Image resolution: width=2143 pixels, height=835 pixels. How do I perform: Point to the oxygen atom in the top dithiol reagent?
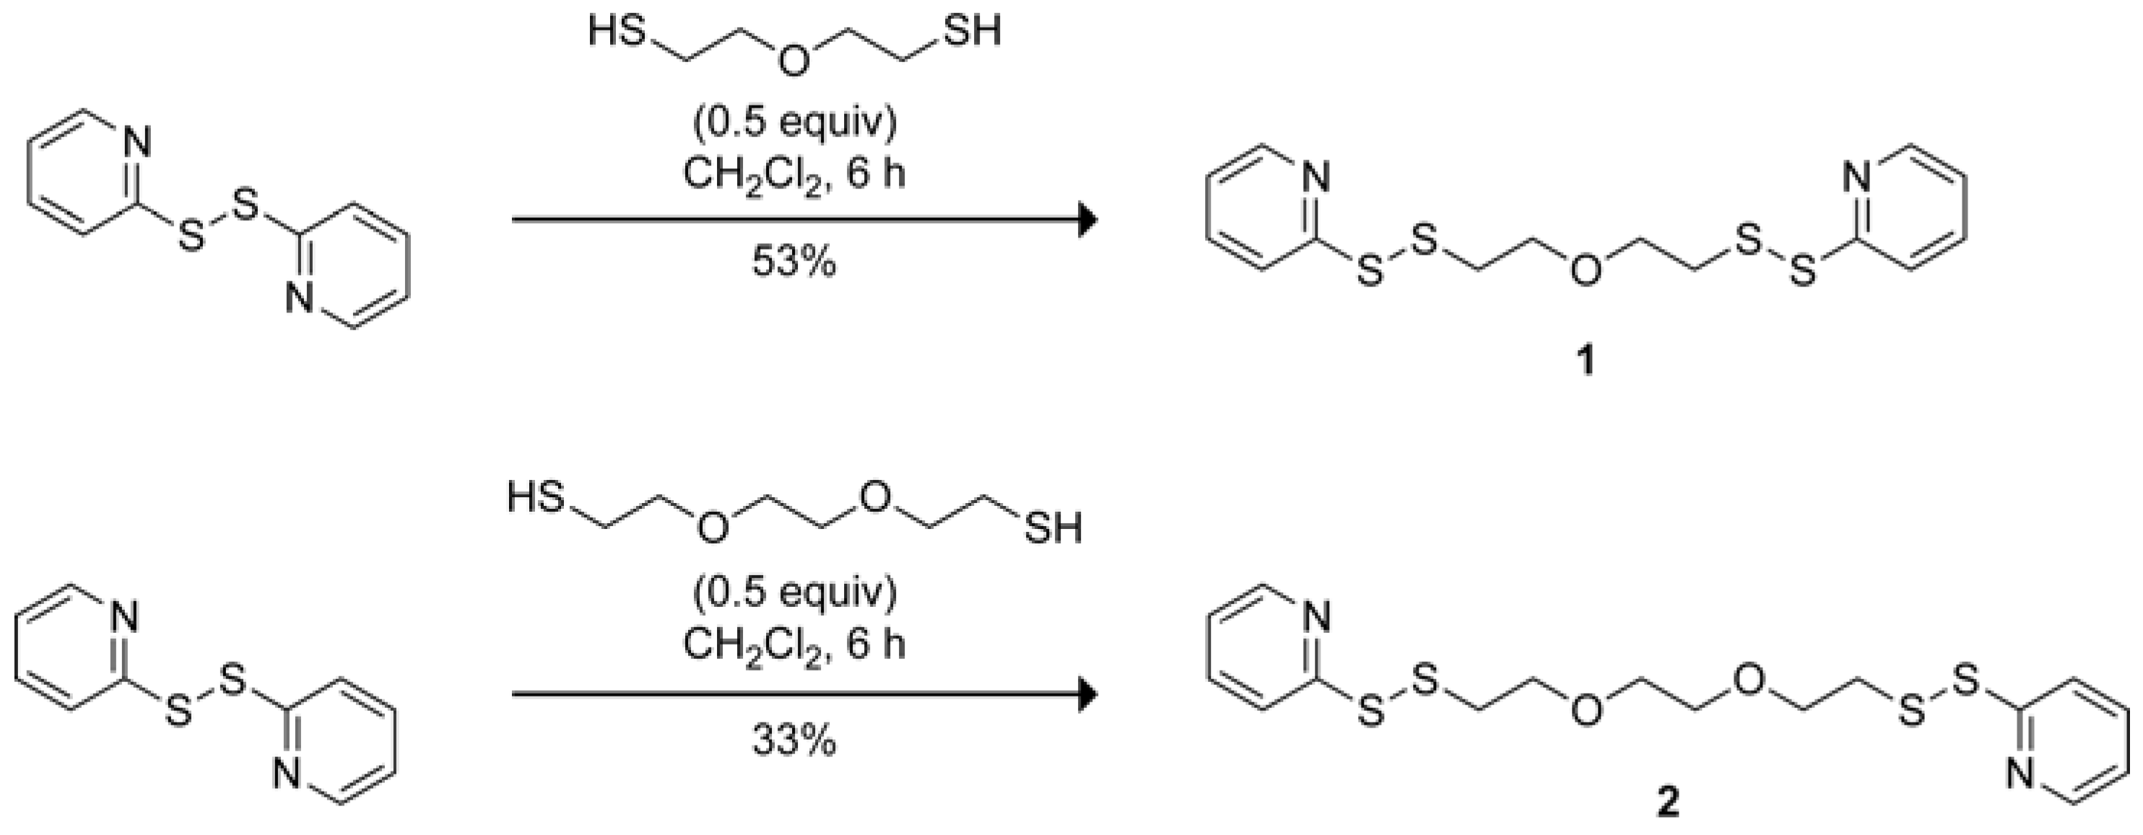(x=794, y=61)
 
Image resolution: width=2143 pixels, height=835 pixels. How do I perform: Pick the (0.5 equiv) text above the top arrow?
(x=794, y=123)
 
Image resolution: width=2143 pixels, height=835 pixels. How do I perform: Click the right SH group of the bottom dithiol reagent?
(x=1054, y=528)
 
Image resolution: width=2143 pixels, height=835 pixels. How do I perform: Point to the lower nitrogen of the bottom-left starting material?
(x=288, y=776)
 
